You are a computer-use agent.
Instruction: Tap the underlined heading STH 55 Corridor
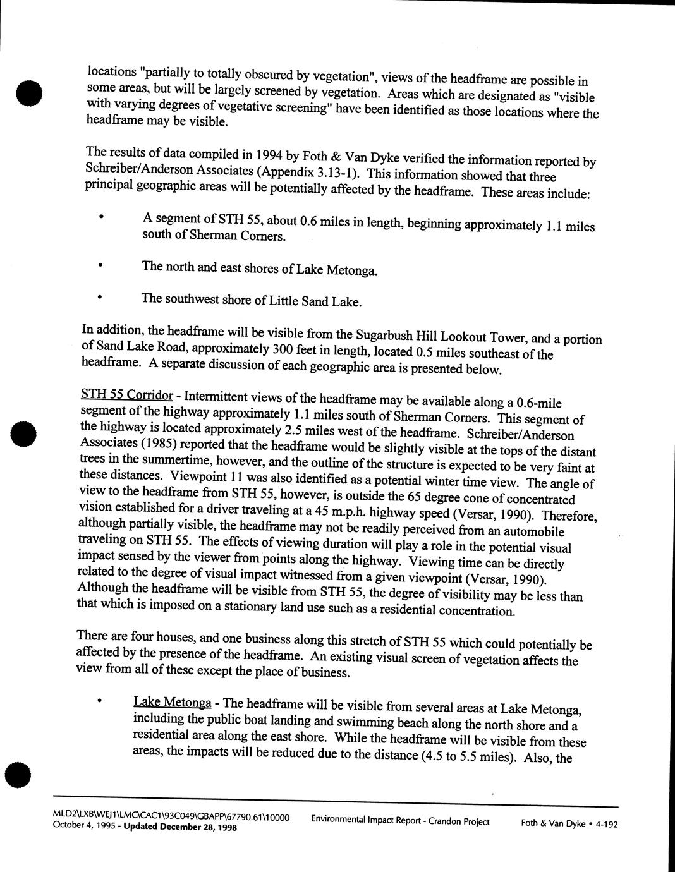126,396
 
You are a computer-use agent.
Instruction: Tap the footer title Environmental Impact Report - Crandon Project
400,821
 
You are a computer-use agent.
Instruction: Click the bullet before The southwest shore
99,296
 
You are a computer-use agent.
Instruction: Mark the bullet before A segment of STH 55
100,216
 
